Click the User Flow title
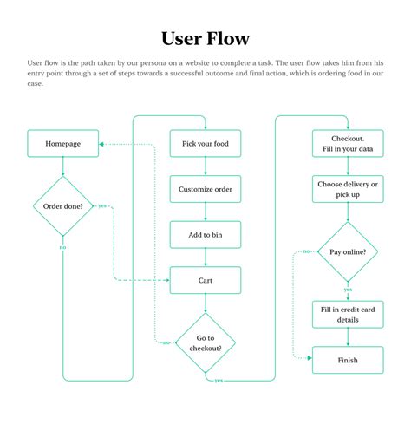205,38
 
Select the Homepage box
62,144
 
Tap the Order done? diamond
62,206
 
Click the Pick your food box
205,144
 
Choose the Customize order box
205,189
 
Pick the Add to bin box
205,234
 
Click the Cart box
205,280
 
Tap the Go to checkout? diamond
205,342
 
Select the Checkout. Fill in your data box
347,144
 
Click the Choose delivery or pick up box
347,189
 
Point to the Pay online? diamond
347,251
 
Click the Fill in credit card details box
347,314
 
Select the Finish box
347,359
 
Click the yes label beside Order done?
102,206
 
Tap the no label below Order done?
62,248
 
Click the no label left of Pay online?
306,251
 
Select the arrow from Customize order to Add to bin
205,212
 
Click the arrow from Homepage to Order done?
62,167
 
